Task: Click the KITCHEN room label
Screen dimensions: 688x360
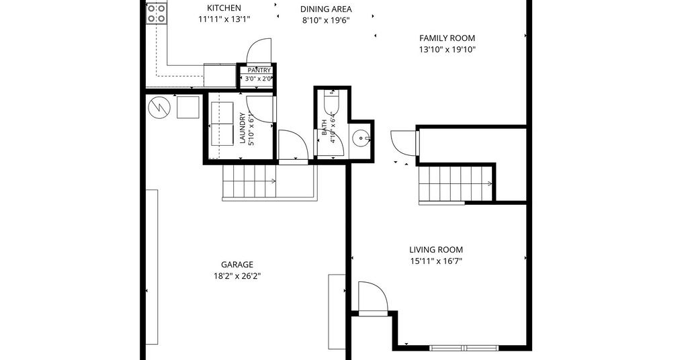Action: click(x=224, y=8)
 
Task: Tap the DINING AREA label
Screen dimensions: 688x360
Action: click(x=326, y=9)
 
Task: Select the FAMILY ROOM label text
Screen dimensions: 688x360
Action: click(x=447, y=38)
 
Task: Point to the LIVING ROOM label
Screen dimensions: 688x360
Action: click(x=435, y=250)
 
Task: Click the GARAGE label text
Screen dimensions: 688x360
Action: click(x=237, y=265)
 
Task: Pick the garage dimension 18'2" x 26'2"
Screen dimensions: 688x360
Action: click(x=237, y=276)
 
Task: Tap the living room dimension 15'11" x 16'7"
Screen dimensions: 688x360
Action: click(x=435, y=261)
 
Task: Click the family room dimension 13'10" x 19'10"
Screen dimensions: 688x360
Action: click(x=447, y=50)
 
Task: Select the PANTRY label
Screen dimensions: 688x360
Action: click(x=259, y=70)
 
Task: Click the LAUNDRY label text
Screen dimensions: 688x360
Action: click(x=242, y=128)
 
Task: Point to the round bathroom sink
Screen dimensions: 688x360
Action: click(x=361, y=140)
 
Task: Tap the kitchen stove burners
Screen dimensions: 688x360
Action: click(x=156, y=13)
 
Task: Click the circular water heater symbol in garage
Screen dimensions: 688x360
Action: click(x=159, y=107)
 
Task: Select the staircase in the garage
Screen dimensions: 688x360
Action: click(x=249, y=181)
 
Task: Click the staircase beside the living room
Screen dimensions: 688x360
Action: click(x=456, y=183)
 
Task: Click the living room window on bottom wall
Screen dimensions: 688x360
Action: click(x=464, y=348)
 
